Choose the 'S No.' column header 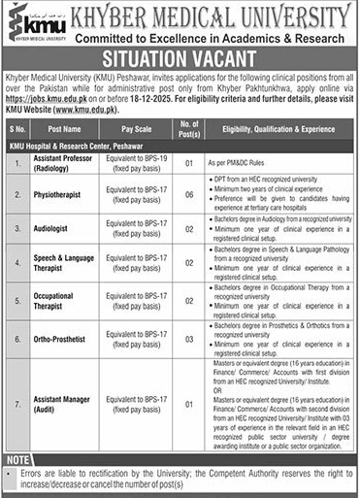[x=16, y=127]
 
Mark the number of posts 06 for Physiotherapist [x=188, y=194]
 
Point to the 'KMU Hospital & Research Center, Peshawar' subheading [x=82, y=143]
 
